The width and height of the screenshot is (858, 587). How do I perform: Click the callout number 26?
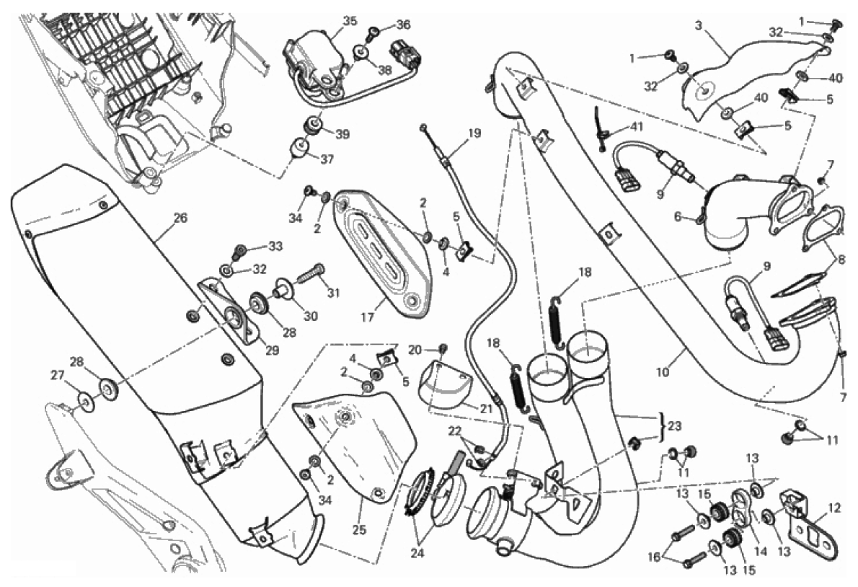(180, 217)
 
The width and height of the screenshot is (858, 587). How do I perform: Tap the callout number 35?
(350, 21)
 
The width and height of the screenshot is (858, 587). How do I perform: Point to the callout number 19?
(473, 133)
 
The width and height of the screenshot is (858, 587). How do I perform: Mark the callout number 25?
(359, 530)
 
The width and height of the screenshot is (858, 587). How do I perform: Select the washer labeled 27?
(84, 399)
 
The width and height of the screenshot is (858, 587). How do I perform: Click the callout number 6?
(677, 216)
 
